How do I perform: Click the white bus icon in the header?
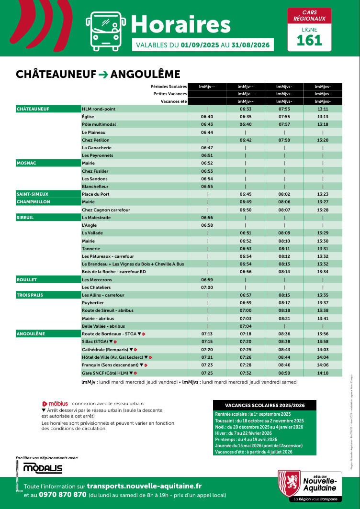coord(104,30)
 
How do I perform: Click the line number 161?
coord(309,40)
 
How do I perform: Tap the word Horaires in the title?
coord(180,24)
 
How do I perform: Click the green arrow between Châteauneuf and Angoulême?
coord(103,74)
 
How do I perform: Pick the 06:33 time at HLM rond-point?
coord(246,109)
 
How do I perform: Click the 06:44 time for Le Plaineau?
coord(207,132)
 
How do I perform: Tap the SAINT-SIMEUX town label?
coord(33,194)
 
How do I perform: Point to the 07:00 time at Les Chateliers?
coord(207,288)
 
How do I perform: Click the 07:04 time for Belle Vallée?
coord(246,326)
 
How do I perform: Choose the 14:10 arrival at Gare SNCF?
coord(323,373)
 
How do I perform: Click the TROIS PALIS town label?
coord(30,295)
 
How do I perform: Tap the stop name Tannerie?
coord(91,249)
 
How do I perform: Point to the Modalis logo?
coord(43,468)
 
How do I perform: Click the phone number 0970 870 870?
coord(63,495)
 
